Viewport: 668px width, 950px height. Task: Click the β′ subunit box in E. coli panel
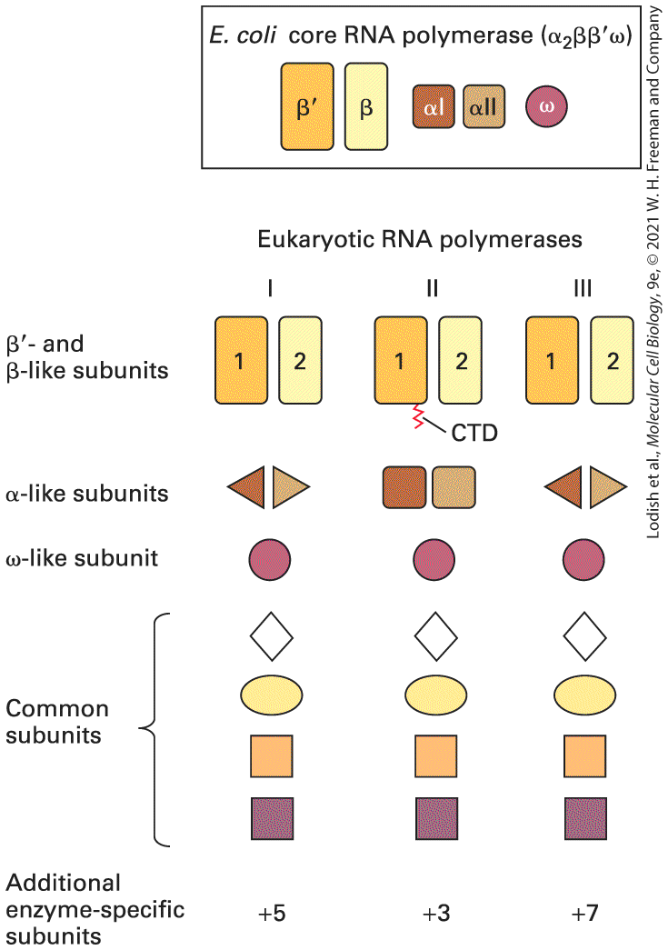pos(307,106)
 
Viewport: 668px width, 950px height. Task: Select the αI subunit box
pos(434,106)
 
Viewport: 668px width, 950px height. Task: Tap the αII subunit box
pos(484,106)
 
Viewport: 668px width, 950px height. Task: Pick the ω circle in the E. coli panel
pos(546,106)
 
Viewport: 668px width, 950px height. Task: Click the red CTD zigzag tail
pos(418,416)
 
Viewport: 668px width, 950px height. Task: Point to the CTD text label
pos(474,434)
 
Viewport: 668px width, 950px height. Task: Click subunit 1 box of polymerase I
pos(241,360)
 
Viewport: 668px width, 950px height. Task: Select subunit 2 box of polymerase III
pos(612,360)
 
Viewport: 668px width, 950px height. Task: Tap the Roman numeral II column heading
pos(432,288)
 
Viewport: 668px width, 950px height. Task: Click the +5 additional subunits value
pos(272,913)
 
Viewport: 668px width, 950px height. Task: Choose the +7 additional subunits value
pos(584,913)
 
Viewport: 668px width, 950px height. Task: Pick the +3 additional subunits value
pos(436,913)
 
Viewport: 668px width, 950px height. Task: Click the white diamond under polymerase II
pos(436,636)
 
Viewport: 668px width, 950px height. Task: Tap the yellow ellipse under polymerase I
pos(272,695)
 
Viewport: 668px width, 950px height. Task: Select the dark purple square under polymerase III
pos(585,818)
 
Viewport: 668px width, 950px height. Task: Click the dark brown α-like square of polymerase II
pos(404,486)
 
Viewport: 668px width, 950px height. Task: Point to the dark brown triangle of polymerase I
pos(248,486)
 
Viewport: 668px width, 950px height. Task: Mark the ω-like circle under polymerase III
pos(583,560)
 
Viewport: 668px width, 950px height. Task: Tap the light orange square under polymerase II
pos(436,756)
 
